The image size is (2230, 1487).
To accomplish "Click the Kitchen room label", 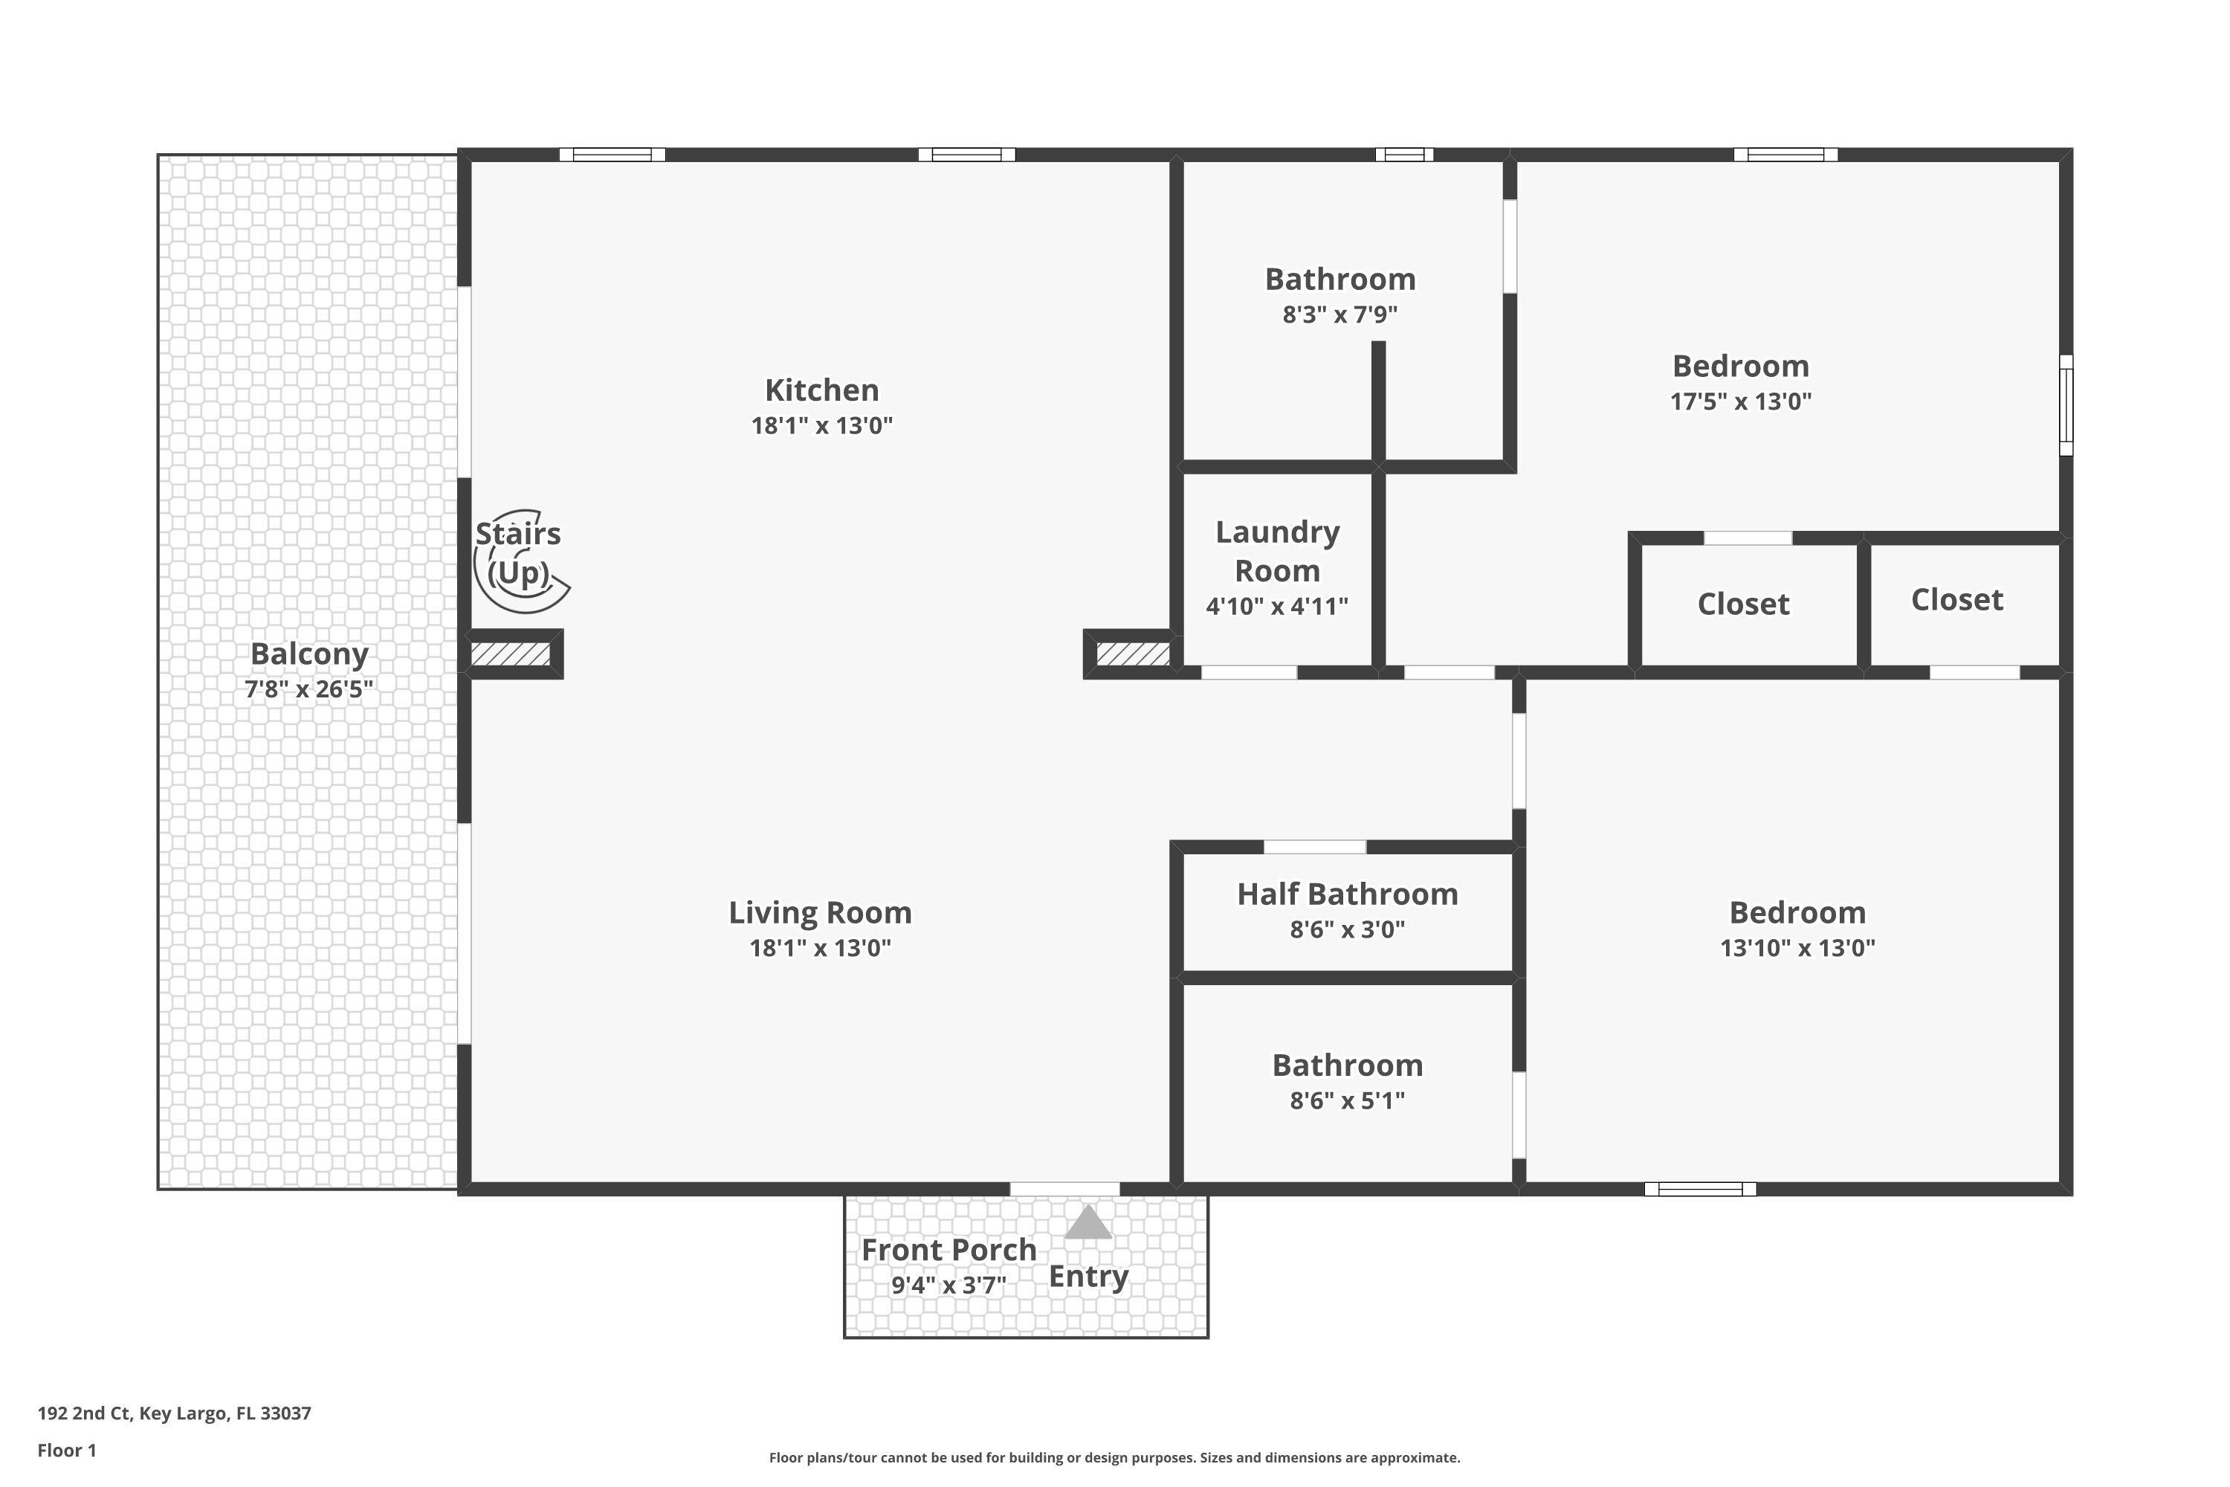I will pos(821,390).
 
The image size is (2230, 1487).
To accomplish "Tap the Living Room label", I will pos(820,912).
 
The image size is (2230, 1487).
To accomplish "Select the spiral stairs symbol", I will pos(520,561).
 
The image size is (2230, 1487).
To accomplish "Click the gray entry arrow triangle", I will pos(1087,1223).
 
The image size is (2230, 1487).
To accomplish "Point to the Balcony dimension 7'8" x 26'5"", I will pos(309,689).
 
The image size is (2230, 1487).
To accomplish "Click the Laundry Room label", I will pos(1277,551).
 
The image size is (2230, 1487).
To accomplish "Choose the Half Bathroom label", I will pos(1346,894).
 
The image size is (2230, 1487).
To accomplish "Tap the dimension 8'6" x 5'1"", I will pos(1346,1100).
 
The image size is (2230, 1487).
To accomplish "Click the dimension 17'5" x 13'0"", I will pos(1740,401).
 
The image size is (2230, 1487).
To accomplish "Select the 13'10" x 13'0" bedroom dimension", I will pos(1797,947).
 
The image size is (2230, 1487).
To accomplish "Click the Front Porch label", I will pos(948,1250).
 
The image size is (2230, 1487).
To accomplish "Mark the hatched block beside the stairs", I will pos(511,654).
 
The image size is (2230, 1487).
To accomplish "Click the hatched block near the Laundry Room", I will pos(1132,654).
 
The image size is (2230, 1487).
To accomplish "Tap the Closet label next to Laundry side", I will pos(1742,604).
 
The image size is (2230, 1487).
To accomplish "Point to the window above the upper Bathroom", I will pos(1404,155).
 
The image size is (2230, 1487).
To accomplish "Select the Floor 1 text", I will pos(66,1450).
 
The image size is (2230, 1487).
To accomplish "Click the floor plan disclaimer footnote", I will pos(1114,1457).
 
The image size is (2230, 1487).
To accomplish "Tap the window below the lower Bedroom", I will pos(1700,1189).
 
